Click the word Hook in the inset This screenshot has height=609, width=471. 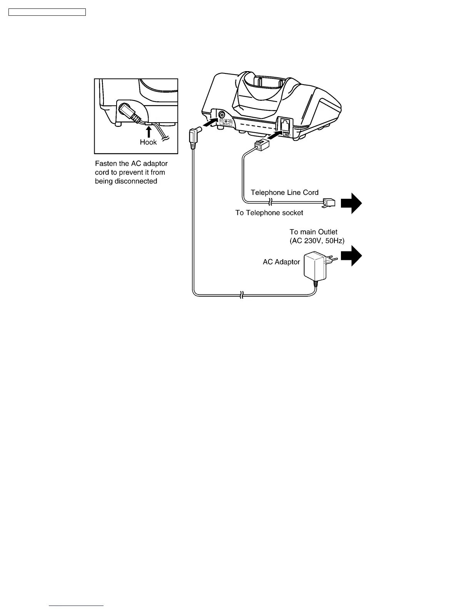point(148,142)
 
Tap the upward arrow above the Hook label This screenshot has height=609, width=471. point(149,132)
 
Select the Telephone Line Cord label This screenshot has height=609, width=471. point(284,192)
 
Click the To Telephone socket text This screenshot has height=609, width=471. point(269,213)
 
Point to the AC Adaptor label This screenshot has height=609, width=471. point(281,262)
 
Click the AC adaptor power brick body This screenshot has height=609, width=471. point(315,266)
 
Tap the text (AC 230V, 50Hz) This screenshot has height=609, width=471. point(317,241)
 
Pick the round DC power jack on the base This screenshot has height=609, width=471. point(222,115)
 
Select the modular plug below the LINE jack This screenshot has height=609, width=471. point(261,145)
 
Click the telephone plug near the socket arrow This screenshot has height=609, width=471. point(329,202)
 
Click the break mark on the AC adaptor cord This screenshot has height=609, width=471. point(241,295)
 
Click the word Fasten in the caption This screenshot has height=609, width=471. point(106,164)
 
